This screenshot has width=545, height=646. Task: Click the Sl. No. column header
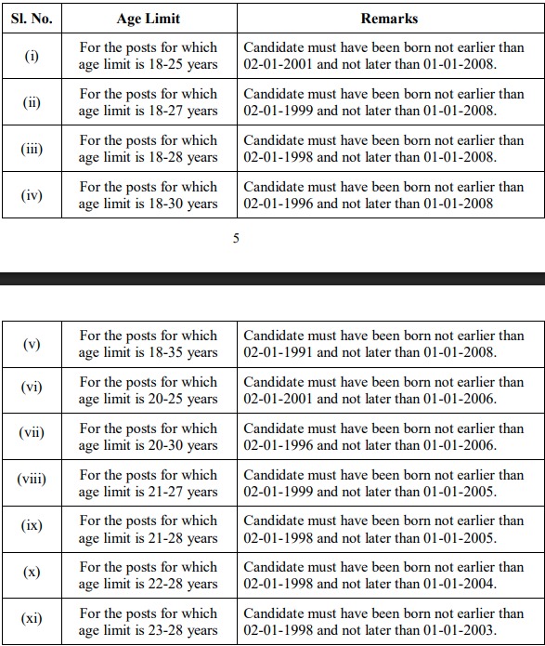(x=32, y=18)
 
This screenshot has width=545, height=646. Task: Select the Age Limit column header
(x=149, y=18)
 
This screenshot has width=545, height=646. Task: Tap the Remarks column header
(x=389, y=18)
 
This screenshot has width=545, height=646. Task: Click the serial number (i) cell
(x=32, y=56)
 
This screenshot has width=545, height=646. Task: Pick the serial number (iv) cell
(x=32, y=195)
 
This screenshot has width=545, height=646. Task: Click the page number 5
(x=236, y=238)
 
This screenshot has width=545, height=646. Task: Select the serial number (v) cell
(x=32, y=344)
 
